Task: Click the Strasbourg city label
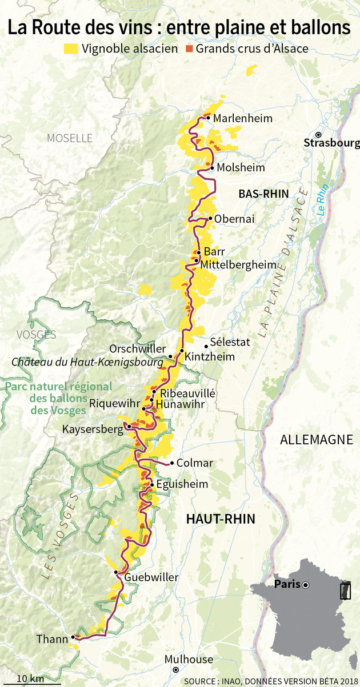pos(332,143)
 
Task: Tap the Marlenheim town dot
pos(209,118)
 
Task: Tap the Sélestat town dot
pos(206,346)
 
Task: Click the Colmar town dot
pos(172,463)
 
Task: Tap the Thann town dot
pos(73,637)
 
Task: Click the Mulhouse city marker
pos(176,669)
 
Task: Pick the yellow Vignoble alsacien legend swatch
pos(71,49)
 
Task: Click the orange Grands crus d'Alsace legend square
pos(189,49)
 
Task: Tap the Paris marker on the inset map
pos(306,585)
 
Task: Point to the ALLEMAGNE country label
pos(316,440)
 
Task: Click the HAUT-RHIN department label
pos(221,519)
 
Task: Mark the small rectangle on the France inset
pos(344,590)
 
